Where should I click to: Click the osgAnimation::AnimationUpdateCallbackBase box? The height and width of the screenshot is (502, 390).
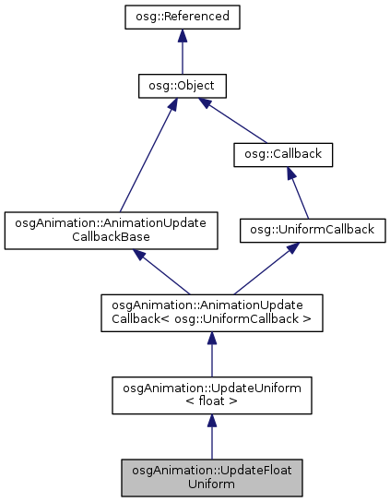click(111, 231)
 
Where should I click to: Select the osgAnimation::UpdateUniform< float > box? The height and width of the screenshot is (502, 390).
click(211, 394)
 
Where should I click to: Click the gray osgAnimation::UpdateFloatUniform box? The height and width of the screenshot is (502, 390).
click(211, 475)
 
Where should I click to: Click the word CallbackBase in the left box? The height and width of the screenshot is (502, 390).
click(111, 237)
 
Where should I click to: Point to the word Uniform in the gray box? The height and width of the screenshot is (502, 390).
click(211, 483)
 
